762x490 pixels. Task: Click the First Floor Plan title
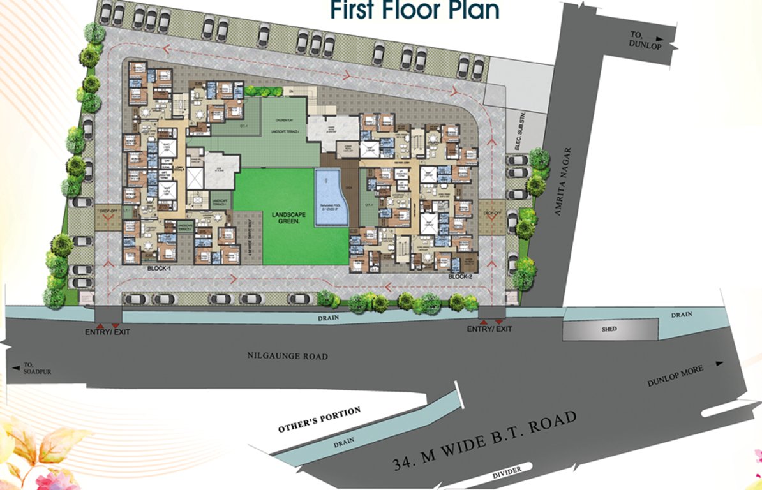click(414, 11)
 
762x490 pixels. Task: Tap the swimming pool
click(331, 198)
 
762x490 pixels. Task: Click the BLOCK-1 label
click(161, 270)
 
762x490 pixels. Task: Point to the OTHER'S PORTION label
click(319, 420)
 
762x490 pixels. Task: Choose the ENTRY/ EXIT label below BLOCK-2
click(489, 329)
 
